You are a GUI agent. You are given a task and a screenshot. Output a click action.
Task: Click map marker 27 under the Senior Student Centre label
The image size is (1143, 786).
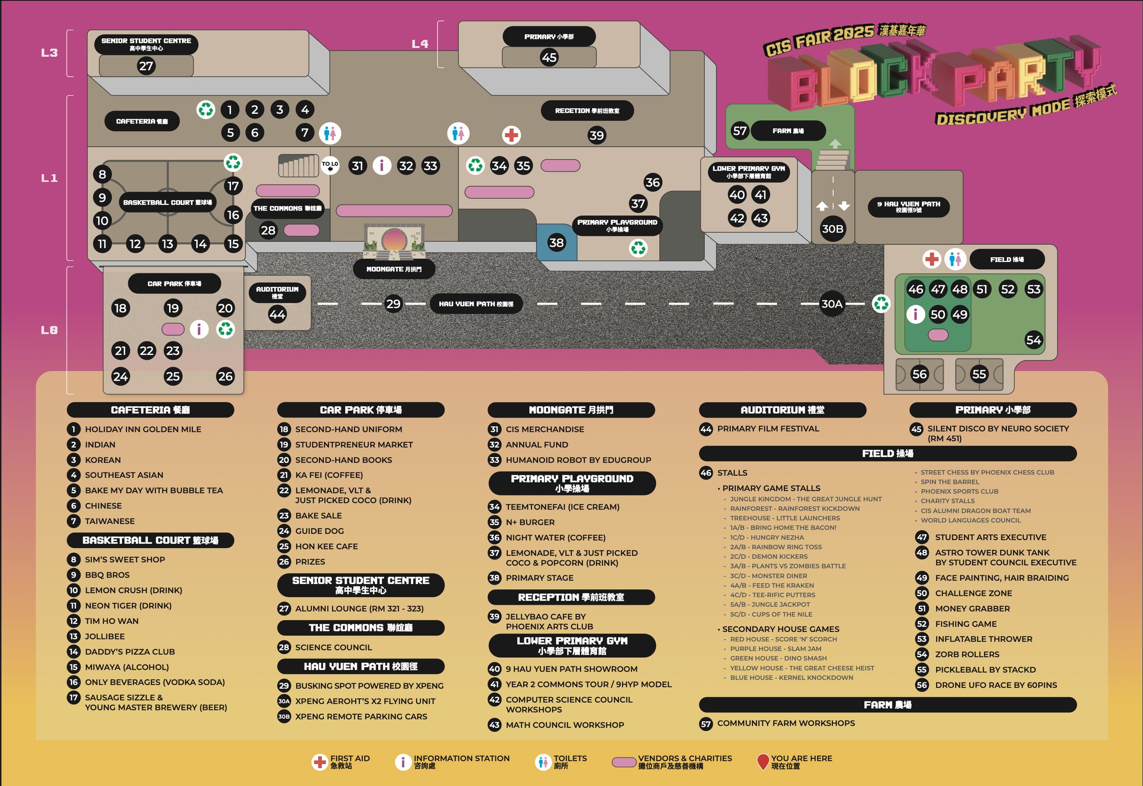click(146, 66)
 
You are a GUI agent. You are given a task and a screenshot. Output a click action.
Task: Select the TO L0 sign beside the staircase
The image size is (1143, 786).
click(330, 165)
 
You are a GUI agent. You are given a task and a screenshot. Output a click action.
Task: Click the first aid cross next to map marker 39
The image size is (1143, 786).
click(512, 135)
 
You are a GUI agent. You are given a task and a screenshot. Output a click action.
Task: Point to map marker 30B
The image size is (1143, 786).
click(832, 229)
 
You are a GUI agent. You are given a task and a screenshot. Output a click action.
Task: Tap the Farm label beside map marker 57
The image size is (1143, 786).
click(788, 131)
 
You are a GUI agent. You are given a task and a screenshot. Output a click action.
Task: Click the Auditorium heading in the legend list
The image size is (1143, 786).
click(782, 410)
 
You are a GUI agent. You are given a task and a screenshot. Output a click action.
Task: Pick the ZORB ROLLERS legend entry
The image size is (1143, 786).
click(967, 654)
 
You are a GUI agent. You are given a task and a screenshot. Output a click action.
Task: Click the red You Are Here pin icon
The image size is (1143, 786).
click(763, 761)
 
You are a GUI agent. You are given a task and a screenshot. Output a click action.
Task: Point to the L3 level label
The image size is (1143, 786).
click(49, 53)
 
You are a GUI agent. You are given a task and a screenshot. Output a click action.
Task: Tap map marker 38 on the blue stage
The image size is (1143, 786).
click(556, 243)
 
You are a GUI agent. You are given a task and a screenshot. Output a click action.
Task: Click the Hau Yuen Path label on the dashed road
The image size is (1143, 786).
click(476, 304)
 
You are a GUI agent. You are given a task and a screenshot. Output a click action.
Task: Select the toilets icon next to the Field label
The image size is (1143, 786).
click(955, 259)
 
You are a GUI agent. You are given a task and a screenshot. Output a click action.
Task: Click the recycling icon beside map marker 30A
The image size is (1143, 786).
click(881, 303)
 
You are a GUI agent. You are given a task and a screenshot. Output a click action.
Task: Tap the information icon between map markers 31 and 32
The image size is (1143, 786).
click(382, 166)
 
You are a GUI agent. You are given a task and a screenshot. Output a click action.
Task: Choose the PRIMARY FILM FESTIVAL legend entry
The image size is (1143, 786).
click(768, 429)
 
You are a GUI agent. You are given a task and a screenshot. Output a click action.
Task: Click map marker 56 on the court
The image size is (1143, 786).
click(919, 374)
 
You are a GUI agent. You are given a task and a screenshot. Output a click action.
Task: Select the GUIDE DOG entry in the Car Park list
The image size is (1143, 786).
click(319, 531)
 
